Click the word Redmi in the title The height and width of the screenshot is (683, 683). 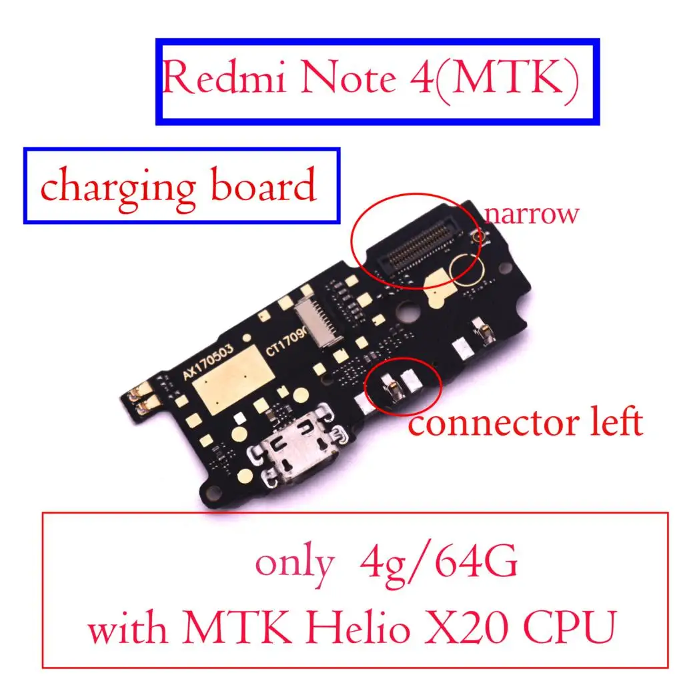(x=223, y=79)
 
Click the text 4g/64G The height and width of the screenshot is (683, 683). (x=438, y=566)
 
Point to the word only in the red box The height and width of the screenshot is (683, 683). (x=294, y=566)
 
